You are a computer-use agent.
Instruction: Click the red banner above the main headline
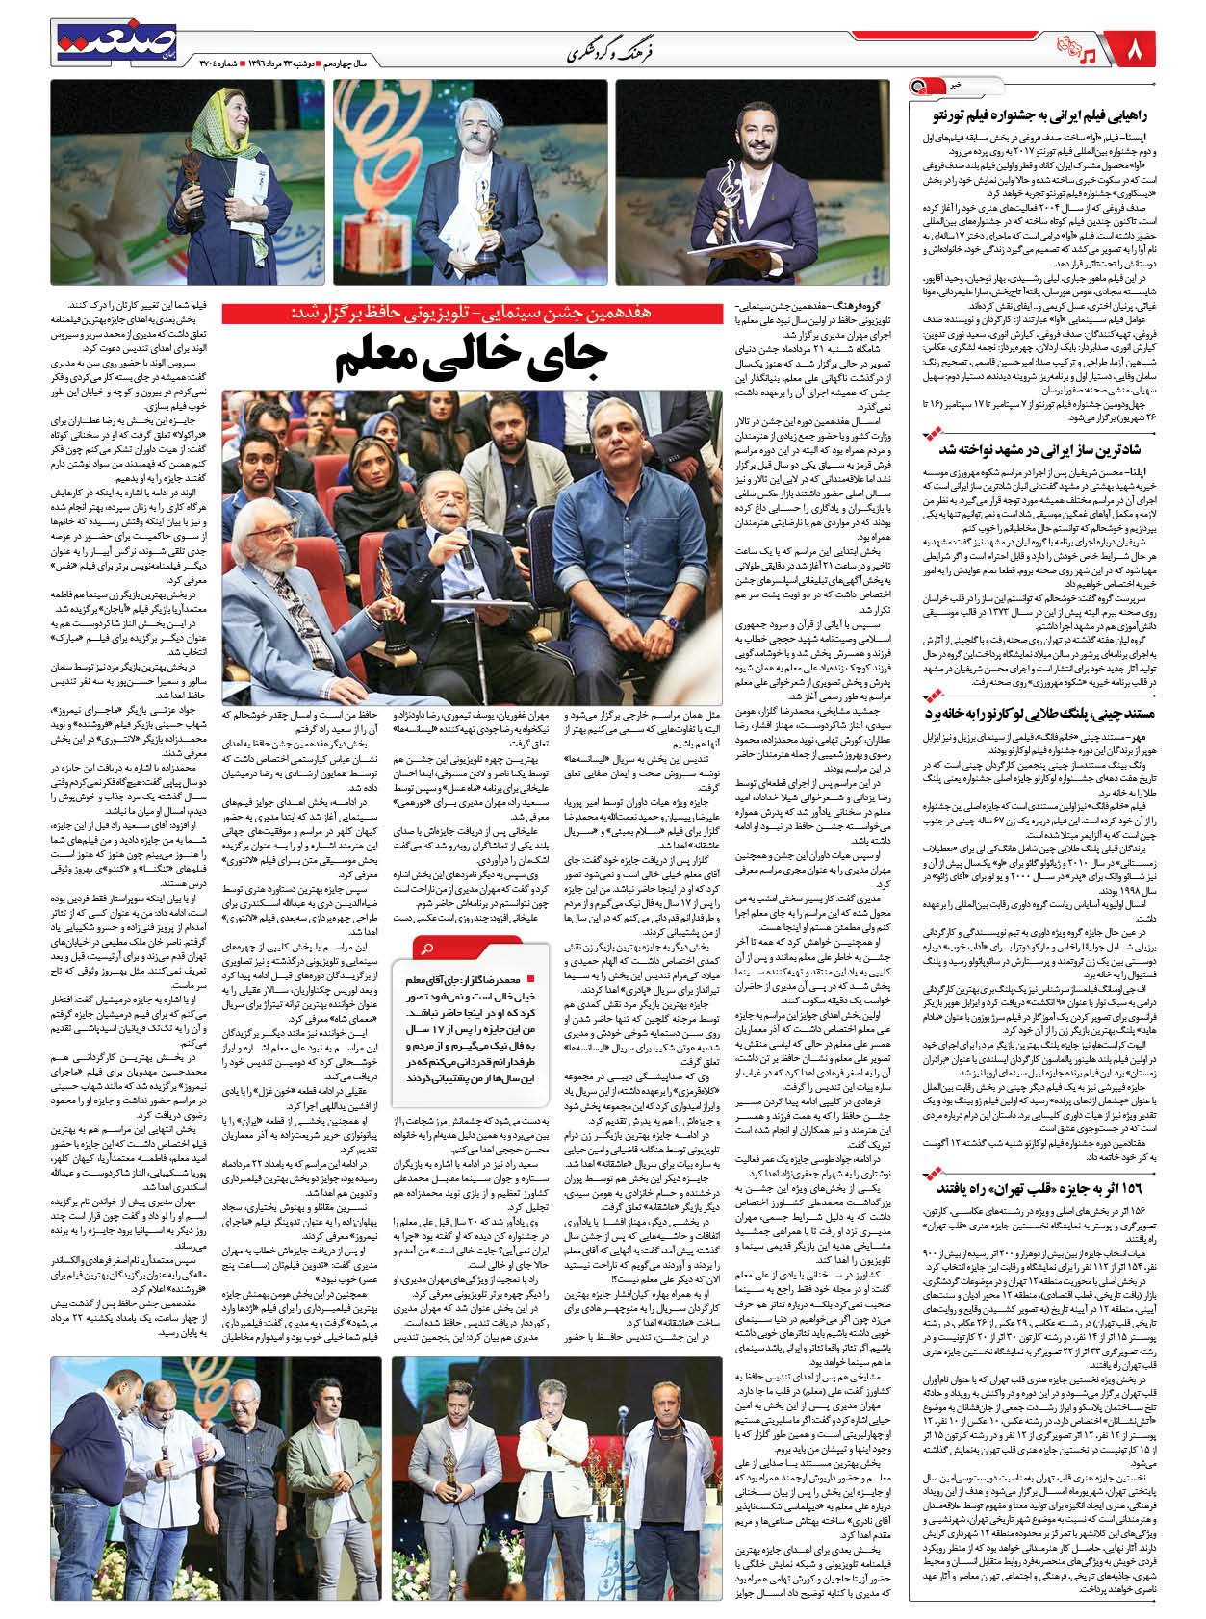[472, 313]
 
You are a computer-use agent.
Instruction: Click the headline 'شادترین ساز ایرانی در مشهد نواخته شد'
[1038, 448]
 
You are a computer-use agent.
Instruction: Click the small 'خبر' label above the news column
[954, 86]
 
